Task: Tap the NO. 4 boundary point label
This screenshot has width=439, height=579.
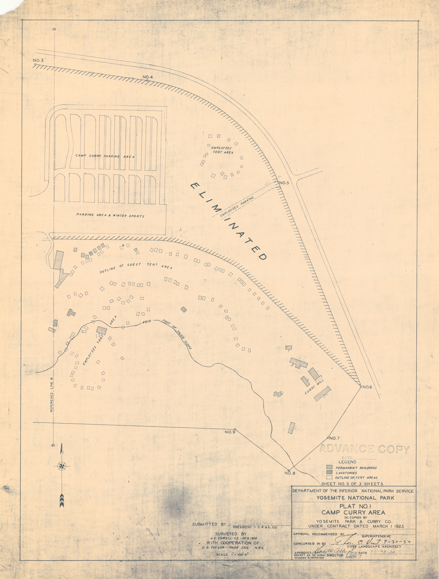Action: (x=148, y=77)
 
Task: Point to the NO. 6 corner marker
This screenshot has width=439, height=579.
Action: (x=361, y=387)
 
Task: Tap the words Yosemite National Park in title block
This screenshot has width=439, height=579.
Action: (x=355, y=498)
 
